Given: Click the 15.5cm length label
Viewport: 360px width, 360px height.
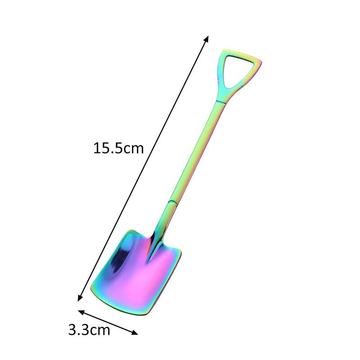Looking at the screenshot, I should point(118,148).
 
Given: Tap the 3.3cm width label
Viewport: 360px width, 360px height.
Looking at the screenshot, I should point(89,331).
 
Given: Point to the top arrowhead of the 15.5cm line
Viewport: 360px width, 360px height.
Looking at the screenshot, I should point(207,38).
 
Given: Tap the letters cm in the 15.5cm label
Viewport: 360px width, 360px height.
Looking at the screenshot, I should point(134,148).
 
